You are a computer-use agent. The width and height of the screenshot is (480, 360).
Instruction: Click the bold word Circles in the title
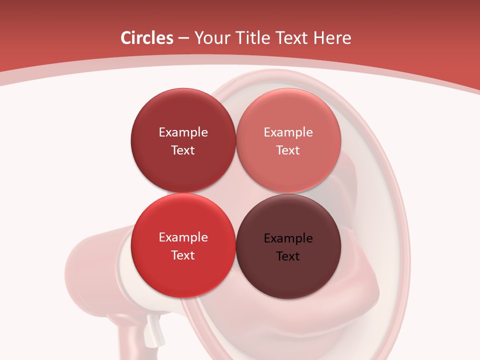146,38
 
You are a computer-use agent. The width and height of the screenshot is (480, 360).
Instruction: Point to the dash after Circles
183,38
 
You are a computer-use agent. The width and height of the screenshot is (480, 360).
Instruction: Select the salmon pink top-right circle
288,170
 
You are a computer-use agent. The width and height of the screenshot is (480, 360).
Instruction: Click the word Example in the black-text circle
288,238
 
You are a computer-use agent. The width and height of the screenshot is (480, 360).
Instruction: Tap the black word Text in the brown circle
288,256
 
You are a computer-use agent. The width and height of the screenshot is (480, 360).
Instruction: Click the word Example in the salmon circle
288,132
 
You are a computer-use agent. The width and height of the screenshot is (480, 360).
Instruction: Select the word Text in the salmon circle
288,150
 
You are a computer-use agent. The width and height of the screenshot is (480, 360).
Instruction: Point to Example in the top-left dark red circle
183,132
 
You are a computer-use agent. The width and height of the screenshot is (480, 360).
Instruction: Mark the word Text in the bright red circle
183,255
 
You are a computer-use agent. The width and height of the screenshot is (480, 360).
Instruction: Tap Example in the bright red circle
183,237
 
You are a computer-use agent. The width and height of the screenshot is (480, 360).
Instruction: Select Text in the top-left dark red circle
183,150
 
